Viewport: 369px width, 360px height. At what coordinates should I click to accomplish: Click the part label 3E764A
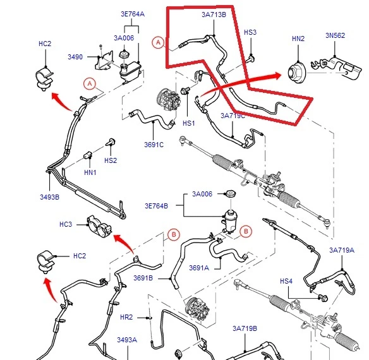[133, 14]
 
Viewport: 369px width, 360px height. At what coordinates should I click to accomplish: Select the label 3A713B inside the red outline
[214, 15]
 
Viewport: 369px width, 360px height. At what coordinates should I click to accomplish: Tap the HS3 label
[250, 32]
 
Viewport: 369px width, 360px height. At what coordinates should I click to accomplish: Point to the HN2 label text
[298, 39]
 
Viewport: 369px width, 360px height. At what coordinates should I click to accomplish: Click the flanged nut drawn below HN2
[296, 72]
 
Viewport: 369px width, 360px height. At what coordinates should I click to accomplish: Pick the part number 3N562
[335, 35]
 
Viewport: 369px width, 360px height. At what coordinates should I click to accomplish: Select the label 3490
[75, 57]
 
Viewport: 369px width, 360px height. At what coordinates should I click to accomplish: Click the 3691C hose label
[154, 145]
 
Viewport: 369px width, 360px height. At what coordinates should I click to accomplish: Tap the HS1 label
[189, 123]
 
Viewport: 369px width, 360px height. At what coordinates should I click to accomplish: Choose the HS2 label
[111, 160]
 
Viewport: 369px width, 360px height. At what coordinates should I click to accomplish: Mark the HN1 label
[90, 172]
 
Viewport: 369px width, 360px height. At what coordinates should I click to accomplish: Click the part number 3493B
[49, 197]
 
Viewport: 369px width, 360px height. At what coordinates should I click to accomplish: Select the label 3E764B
[156, 206]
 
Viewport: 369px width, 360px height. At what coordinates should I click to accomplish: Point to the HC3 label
[66, 224]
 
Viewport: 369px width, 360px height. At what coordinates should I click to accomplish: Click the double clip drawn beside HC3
[99, 226]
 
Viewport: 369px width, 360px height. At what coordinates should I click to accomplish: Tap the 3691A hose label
[199, 268]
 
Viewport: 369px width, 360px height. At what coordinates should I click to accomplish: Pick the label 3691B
[143, 278]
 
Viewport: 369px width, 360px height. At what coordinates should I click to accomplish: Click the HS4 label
[286, 281]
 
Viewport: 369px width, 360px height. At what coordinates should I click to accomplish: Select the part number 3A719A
[342, 250]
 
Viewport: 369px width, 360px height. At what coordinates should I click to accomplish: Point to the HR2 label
[126, 317]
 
